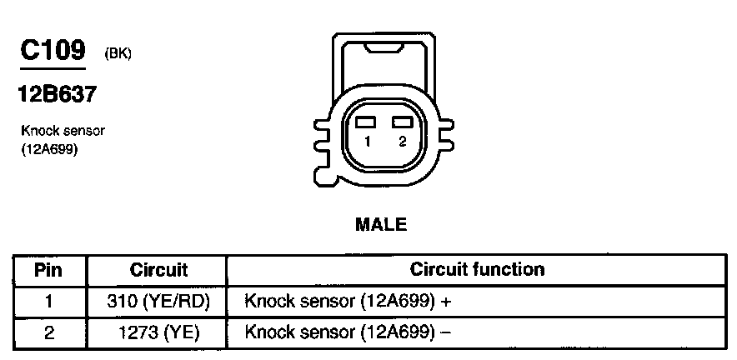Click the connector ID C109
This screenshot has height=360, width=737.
tap(52, 51)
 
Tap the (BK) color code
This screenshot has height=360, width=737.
tap(118, 55)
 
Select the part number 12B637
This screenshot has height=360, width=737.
tap(57, 95)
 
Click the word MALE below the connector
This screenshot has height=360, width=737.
tap(381, 225)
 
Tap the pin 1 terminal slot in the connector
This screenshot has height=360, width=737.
tap(364, 122)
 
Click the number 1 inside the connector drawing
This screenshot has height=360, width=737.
tap(366, 142)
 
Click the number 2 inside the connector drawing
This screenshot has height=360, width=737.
tap(402, 142)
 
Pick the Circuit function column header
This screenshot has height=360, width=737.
tap(477, 270)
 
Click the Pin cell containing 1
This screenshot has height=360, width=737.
tap(48, 302)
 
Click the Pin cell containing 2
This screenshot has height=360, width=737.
tap(48, 332)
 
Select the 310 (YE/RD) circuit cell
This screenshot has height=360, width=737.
tap(159, 302)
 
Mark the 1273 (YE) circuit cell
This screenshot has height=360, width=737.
tap(159, 332)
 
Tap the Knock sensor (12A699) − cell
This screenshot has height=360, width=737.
tap(348, 332)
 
